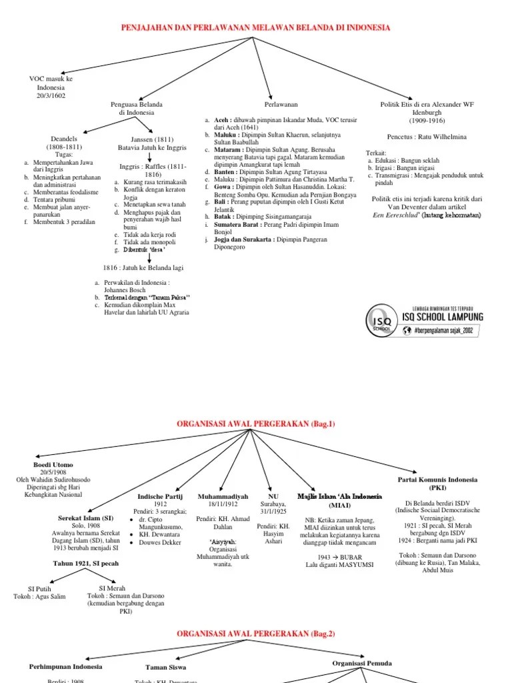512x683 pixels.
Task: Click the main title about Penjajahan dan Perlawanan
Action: (x=255, y=27)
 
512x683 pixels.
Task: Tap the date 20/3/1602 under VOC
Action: (x=51, y=95)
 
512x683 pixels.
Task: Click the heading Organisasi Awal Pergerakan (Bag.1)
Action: (x=255, y=424)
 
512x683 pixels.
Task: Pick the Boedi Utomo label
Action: (x=53, y=465)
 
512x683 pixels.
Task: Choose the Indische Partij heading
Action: (x=159, y=497)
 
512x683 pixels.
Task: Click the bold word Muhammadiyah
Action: (x=223, y=497)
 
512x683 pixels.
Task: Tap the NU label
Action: (x=273, y=497)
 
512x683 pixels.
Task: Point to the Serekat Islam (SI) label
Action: (x=86, y=518)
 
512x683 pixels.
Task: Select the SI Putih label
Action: (x=40, y=588)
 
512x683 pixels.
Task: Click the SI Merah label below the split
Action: (x=112, y=588)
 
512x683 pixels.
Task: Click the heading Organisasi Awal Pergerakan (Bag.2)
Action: (x=255, y=632)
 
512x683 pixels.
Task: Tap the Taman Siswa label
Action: (x=165, y=666)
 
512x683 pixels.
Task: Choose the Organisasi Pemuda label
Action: (x=362, y=664)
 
